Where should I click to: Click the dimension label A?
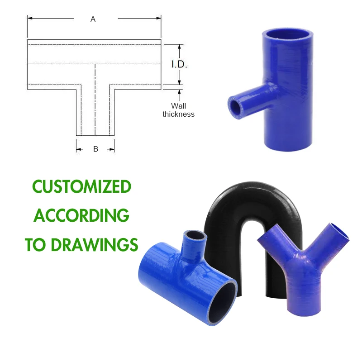(x=93, y=19)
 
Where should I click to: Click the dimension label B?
(x=95, y=149)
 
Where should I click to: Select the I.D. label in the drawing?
(x=179, y=64)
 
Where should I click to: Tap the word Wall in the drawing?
(x=179, y=106)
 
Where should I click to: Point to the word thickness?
(x=178, y=114)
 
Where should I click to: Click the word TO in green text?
(x=33, y=244)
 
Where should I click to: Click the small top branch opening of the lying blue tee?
(x=195, y=236)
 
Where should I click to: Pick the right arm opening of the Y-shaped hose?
(x=341, y=232)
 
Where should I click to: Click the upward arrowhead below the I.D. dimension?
(x=180, y=92)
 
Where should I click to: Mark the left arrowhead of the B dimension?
(x=78, y=149)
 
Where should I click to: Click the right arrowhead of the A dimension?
(x=159, y=19)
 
